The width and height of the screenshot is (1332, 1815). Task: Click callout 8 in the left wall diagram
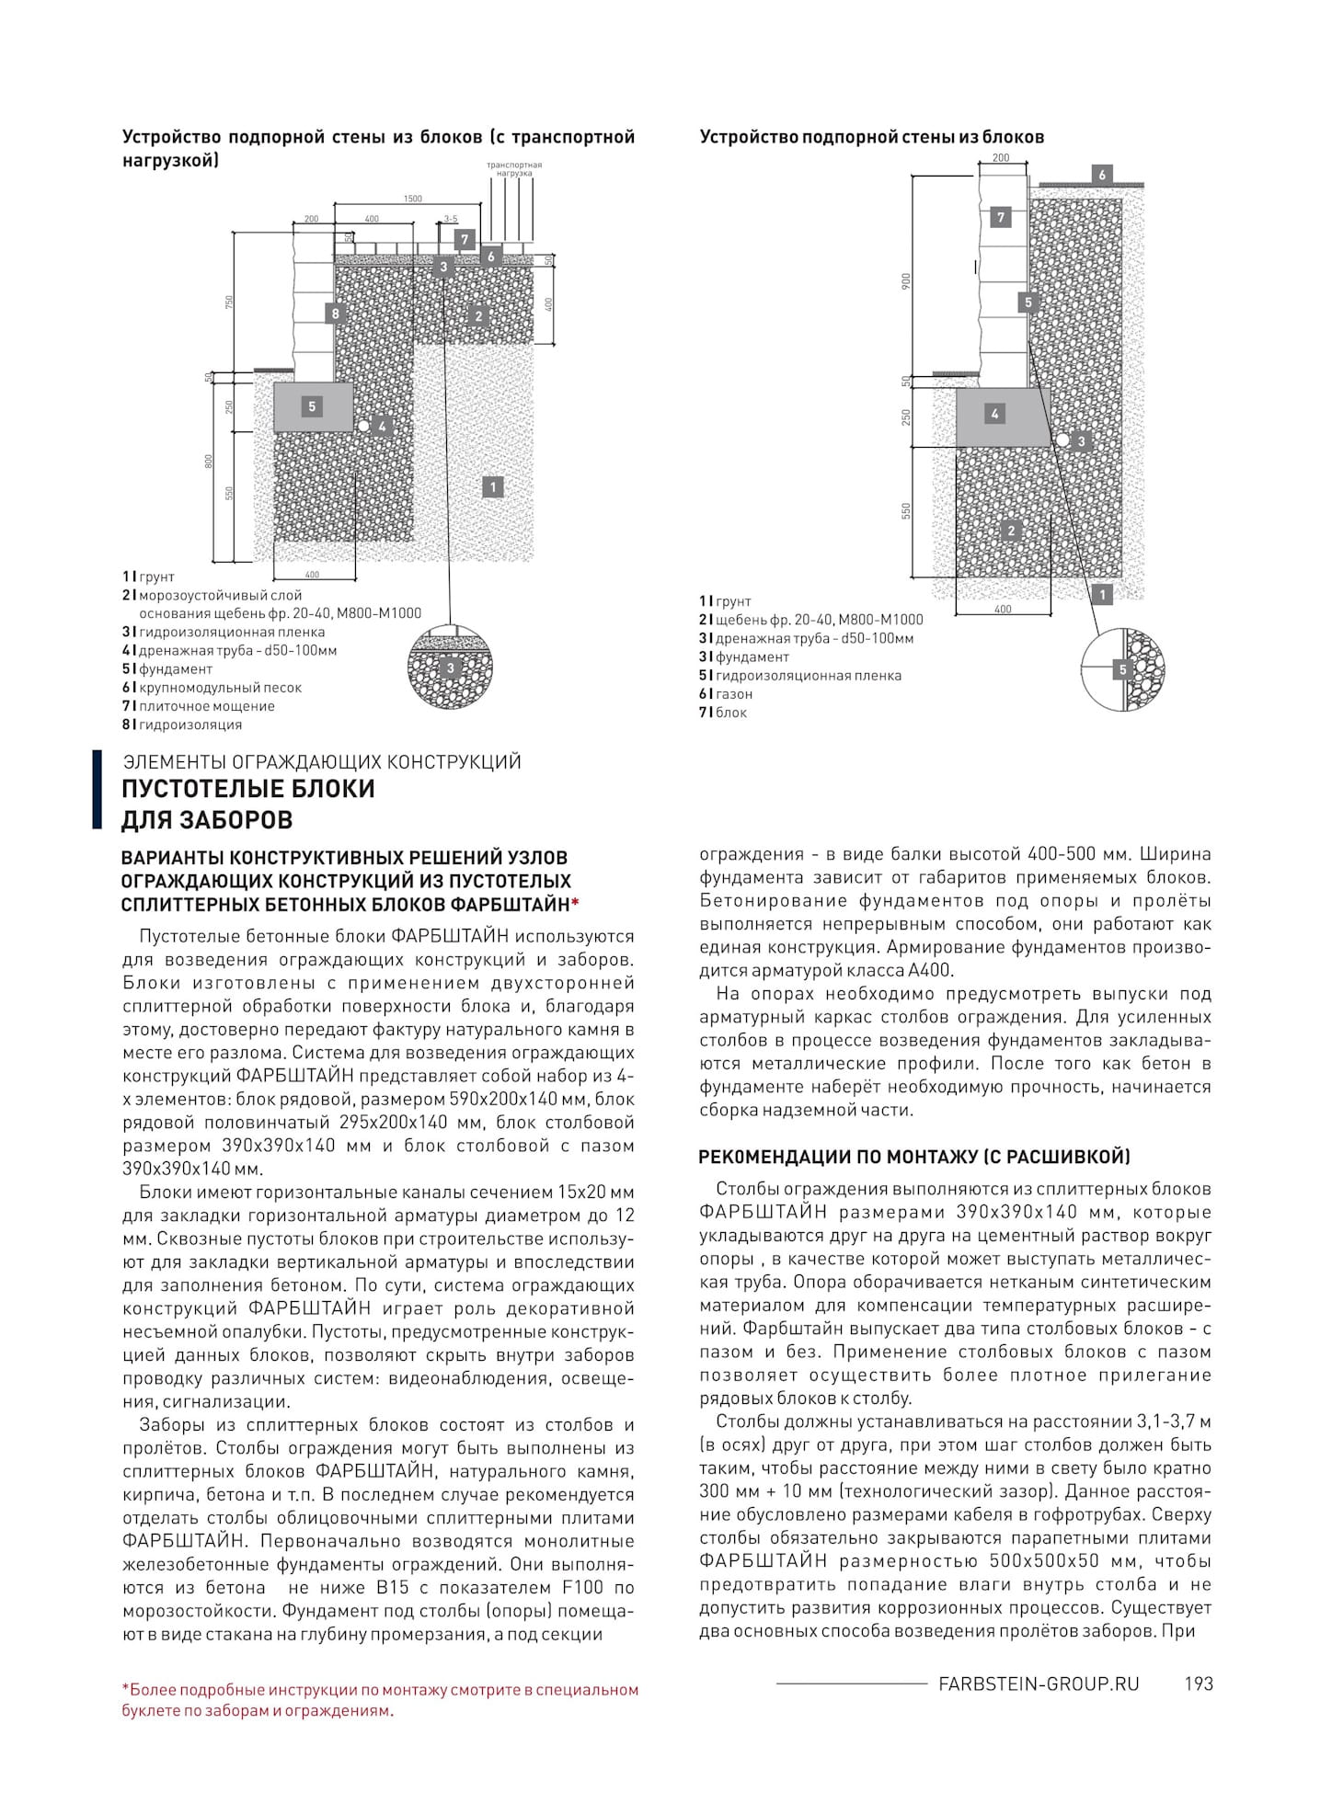(x=336, y=314)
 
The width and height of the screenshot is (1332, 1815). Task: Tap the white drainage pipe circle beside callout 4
(x=364, y=427)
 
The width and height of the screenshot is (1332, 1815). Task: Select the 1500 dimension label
(x=413, y=199)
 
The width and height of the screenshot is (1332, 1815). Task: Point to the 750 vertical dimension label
(x=230, y=302)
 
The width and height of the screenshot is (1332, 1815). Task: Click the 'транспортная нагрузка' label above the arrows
(x=514, y=169)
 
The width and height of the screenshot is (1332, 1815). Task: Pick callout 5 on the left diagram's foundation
(x=312, y=406)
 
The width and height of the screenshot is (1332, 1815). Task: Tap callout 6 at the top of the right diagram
(x=1101, y=175)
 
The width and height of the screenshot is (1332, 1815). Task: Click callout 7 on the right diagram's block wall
(x=1001, y=218)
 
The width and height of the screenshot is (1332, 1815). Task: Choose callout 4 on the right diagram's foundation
(x=993, y=414)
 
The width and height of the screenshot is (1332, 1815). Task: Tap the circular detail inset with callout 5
(x=1122, y=669)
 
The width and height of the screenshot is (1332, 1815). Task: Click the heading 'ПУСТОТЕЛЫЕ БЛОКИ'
(x=248, y=789)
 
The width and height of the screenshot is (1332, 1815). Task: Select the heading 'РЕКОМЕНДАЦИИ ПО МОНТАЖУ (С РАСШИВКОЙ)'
(x=914, y=1157)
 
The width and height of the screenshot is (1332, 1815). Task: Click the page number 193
(x=1199, y=1684)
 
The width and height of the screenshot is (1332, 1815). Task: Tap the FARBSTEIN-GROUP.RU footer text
(x=1039, y=1684)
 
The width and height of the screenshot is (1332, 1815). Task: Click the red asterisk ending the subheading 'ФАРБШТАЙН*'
(x=575, y=904)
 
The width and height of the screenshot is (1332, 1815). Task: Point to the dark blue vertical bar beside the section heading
(x=98, y=789)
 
